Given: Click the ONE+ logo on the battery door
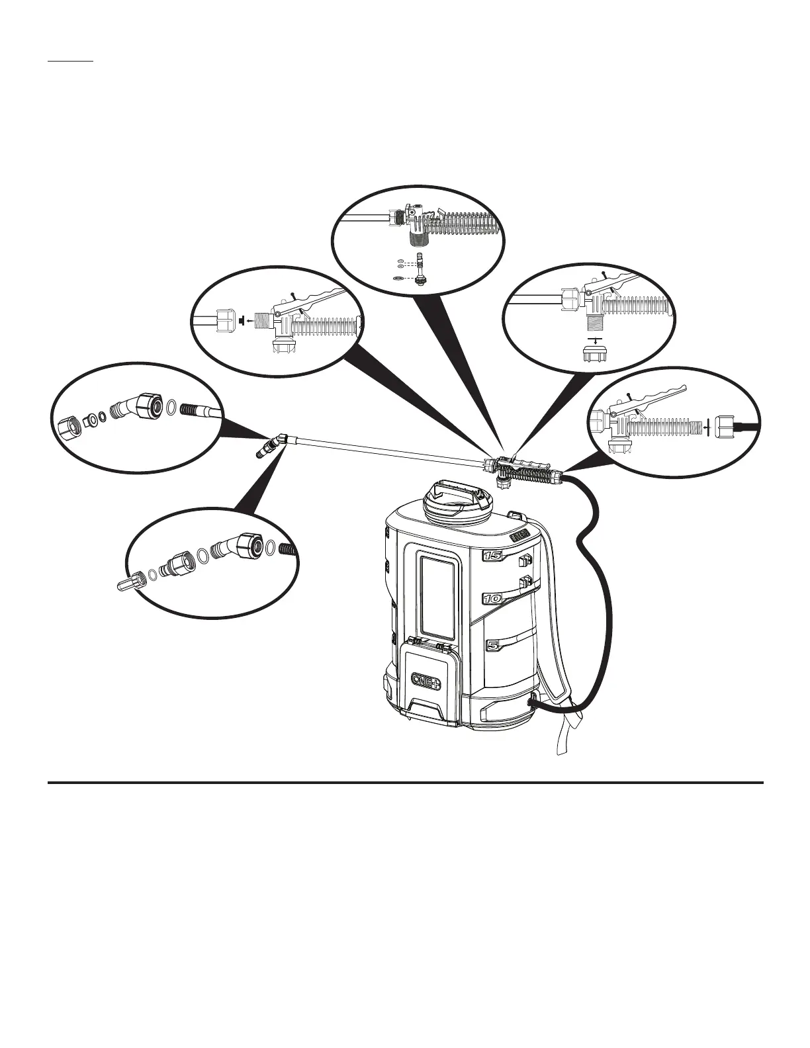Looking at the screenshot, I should (x=426, y=681).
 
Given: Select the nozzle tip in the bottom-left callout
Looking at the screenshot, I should (x=126, y=585).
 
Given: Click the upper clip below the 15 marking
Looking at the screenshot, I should (x=524, y=562).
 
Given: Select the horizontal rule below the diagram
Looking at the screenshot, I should (x=405, y=783).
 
